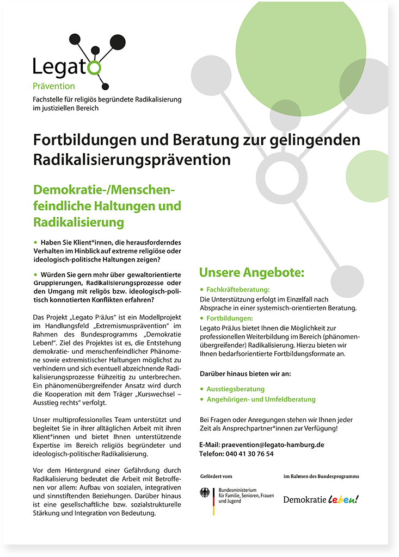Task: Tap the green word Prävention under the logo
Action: point(54,86)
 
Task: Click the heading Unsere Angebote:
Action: point(251,272)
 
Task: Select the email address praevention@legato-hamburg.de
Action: point(273,444)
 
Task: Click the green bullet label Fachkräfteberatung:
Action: point(238,290)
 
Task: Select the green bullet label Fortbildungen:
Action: point(230,318)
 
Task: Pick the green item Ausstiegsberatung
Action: point(235,389)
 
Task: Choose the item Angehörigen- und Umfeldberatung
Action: point(261,399)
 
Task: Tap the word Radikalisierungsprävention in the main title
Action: point(132,160)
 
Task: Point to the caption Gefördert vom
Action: point(216,477)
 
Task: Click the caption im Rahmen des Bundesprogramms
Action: point(321,477)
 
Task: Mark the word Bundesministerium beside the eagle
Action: point(238,490)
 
